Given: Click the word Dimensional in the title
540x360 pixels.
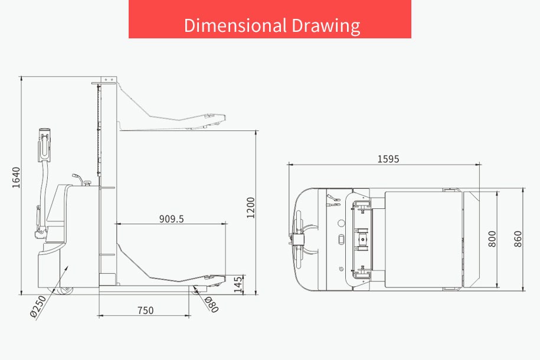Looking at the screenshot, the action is click(x=235, y=25).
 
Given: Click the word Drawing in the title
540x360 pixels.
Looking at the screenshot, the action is click(x=326, y=26).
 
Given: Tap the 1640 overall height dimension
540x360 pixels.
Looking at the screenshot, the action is click(x=16, y=178).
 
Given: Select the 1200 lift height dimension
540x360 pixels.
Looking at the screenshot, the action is click(x=251, y=208).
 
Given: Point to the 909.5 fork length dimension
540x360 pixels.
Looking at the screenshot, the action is click(x=172, y=219).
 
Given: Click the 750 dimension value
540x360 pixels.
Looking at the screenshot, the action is click(x=145, y=310).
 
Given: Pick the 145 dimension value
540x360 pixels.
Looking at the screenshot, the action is click(x=238, y=284).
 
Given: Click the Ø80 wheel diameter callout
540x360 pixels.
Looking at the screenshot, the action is click(x=211, y=305).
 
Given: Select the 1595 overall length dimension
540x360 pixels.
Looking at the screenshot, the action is click(x=388, y=159).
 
